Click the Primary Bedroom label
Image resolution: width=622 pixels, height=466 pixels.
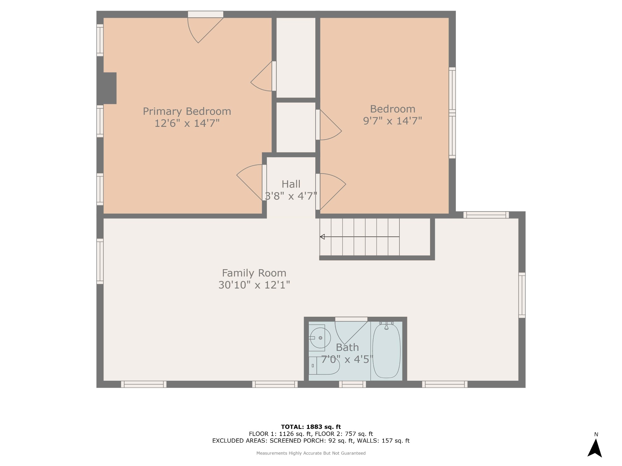point(187,111)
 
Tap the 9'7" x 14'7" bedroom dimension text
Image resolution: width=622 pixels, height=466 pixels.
point(392,121)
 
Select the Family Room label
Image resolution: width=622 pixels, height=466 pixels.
point(254,273)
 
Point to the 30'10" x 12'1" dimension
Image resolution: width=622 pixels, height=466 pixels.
point(254,285)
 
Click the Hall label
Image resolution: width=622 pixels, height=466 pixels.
point(291,184)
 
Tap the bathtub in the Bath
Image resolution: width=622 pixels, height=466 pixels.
point(386,351)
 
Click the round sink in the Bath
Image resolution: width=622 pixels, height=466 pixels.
point(320,338)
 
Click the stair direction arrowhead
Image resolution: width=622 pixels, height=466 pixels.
point(322,237)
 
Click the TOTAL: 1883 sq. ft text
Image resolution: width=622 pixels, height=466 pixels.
point(311,427)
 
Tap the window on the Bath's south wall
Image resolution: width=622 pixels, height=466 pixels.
point(352,384)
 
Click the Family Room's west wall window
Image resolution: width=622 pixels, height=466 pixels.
point(100,261)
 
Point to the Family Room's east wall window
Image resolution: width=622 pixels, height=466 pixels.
point(522,295)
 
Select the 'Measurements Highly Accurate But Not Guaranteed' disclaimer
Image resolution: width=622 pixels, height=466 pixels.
point(311,453)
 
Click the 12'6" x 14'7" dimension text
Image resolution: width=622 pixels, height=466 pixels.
point(187,123)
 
